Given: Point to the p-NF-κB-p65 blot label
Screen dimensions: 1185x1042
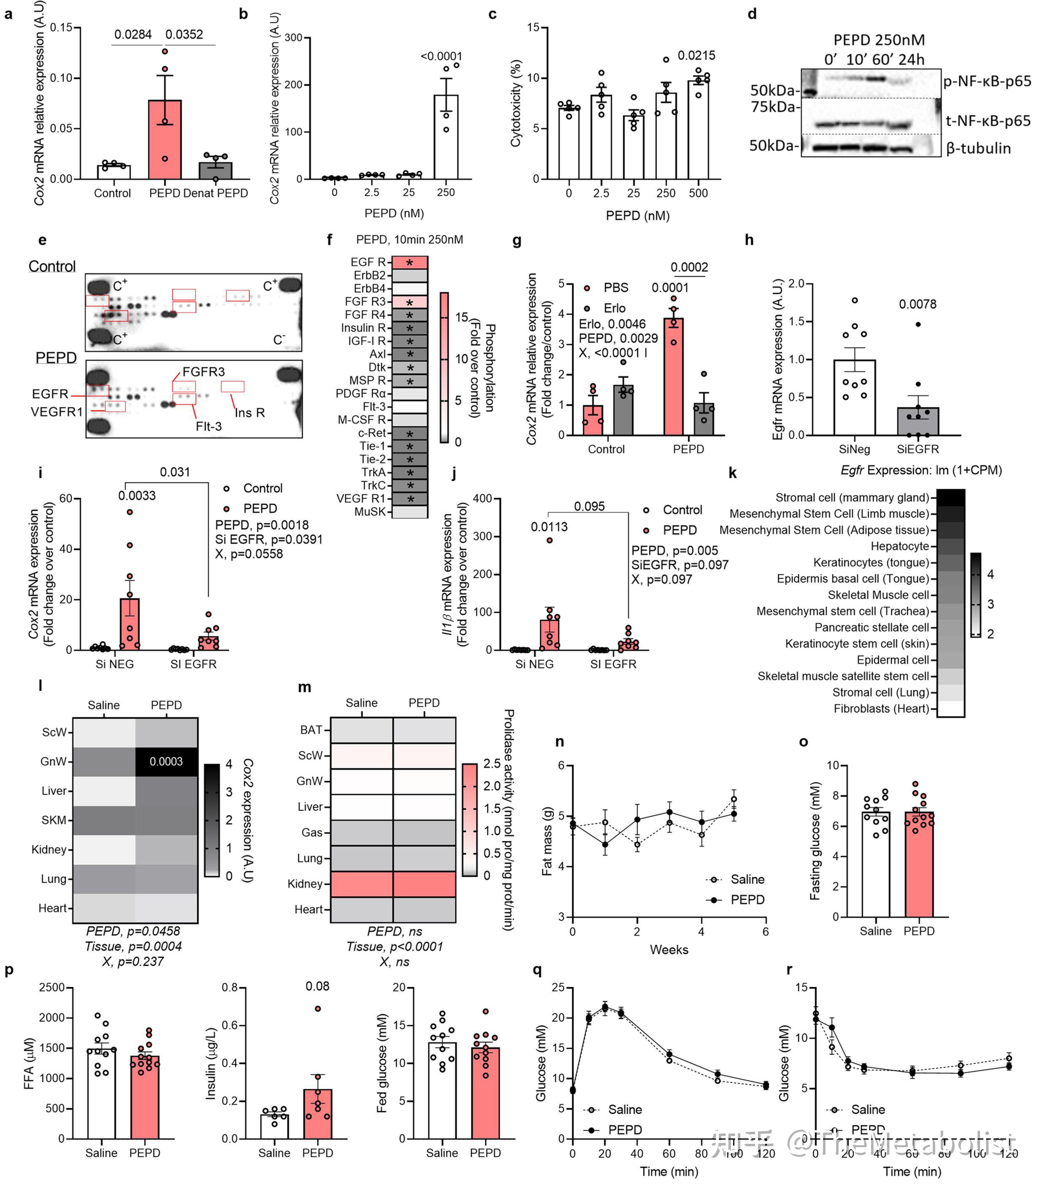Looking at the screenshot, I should click(987, 81).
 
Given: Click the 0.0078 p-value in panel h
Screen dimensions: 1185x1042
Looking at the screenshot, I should click(917, 304).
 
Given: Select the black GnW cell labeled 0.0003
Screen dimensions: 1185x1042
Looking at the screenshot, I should click(167, 761).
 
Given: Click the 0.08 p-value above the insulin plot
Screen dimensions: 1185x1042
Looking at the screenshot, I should click(317, 986).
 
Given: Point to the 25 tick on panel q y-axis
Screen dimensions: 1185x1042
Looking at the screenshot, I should click(558, 987).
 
